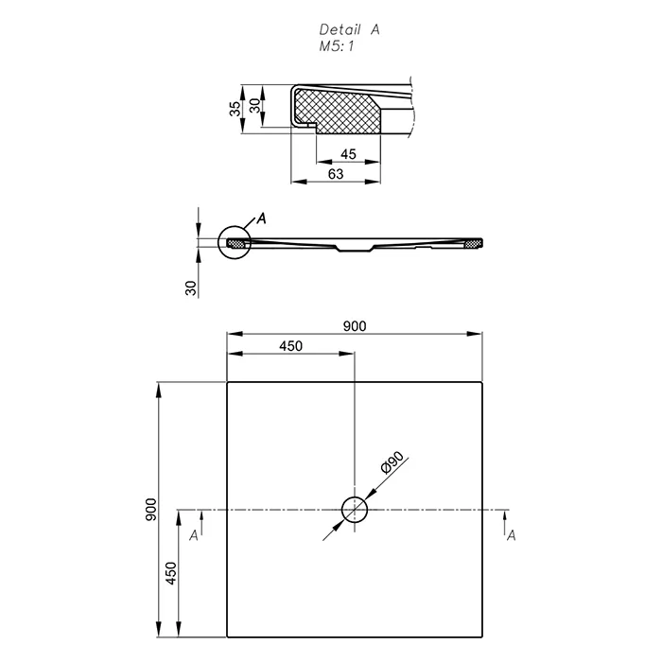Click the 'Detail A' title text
click(350, 29)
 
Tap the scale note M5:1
click(337, 46)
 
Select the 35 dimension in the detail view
click(235, 109)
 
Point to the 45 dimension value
click(348, 154)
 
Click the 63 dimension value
click(336, 174)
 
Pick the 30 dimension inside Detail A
click(254, 106)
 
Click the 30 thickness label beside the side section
click(191, 287)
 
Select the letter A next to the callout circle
click(262, 218)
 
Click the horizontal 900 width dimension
click(355, 326)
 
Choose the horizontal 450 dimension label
click(291, 346)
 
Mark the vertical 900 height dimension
click(150, 510)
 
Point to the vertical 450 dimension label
click(170, 573)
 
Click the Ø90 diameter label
click(392, 462)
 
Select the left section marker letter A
click(193, 536)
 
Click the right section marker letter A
click(512, 536)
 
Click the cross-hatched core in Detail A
click(338, 111)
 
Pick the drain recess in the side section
click(355, 249)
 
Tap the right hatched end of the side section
click(473, 243)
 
